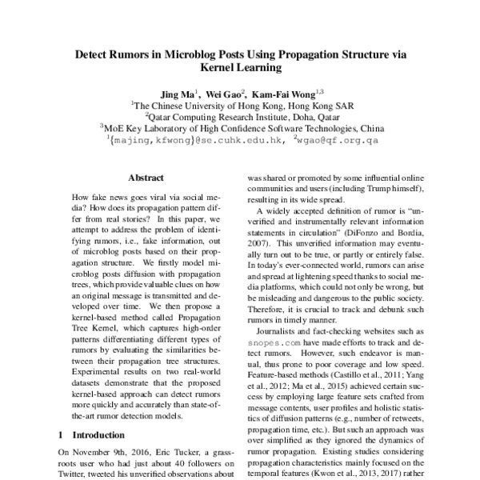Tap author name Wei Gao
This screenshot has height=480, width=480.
point(229,92)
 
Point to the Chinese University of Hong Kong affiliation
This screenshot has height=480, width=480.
point(240,104)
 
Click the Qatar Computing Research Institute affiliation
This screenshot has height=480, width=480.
point(240,115)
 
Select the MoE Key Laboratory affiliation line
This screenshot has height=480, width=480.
point(240,126)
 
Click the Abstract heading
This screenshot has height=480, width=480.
point(146,178)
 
